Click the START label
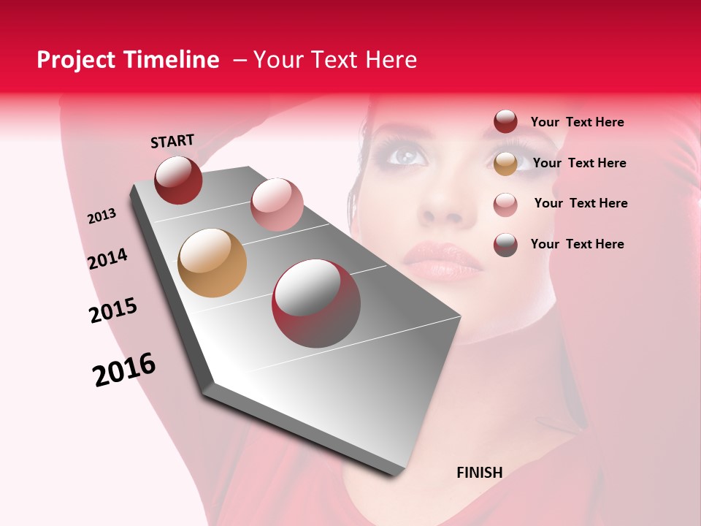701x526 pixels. click(x=172, y=141)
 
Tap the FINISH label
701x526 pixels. click(x=480, y=473)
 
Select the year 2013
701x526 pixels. click(x=102, y=216)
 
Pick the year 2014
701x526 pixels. click(x=108, y=259)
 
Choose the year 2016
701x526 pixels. click(x=124, y=369)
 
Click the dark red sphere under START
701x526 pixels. click(x=178, y=180)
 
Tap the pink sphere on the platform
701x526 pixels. click(x=277, y=204)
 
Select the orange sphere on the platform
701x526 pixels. click(x=212, y=263)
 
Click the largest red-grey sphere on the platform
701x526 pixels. click(x=316, y=303)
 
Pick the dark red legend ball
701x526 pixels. click(x=505, y=122)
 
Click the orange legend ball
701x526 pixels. click(x=505, y=164)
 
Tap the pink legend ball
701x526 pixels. click(x=505, y=205)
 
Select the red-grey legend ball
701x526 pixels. click(x=505, y=245)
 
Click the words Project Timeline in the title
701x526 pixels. click(x=128, y=60)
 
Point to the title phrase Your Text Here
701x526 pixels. click(x=335, y=60)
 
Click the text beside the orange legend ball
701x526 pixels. click(x=579, y=163)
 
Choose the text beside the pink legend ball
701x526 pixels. click(x=581, y=203)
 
